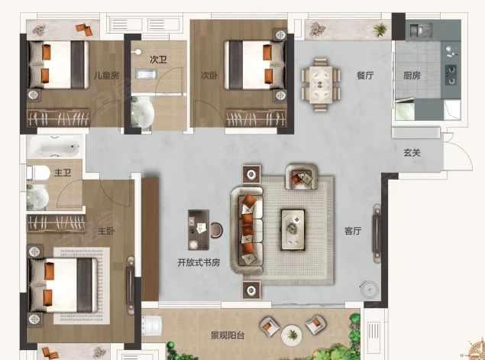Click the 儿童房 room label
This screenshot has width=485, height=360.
(x=106, y=75)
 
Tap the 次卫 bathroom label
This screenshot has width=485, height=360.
(x=158, y=60)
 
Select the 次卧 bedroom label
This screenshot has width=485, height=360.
(x=209, y=75)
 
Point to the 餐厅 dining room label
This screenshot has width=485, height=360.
(x=365, y=75)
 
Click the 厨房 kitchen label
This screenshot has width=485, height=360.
(x=412, y=76)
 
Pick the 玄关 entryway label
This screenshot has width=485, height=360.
(x=412, y=153)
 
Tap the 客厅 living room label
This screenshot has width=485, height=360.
(x=353, y=231)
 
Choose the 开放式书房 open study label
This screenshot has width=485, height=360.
(x=199, y=262)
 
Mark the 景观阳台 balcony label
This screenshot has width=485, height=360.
(x=228, y=336)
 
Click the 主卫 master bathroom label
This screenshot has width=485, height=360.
(x=63, y=173)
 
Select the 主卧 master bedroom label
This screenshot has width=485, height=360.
(x=106, y=231)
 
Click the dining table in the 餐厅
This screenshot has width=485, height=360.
(x=321, y=85)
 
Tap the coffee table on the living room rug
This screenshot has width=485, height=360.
(x=293, y=230)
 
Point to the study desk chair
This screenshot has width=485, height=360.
(x=217, y=231)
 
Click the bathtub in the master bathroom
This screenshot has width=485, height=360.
(x=55, y=147)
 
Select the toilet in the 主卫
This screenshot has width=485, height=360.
(x=38, y=173)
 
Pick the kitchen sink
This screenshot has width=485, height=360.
(x=421, y=30)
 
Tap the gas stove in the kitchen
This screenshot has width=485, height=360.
(x=451, y=75)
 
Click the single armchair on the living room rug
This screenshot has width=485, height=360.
(x=302, y=177)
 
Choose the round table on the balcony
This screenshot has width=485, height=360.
(x=292, y=335)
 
